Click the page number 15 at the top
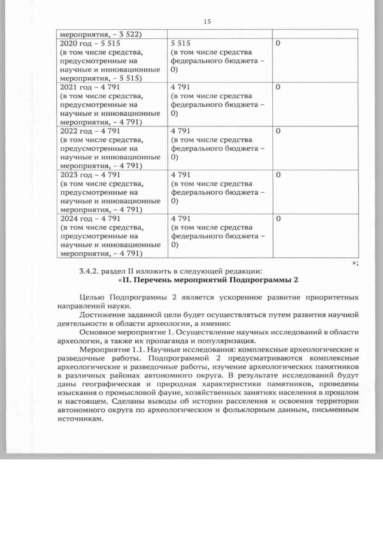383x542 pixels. [207, 22]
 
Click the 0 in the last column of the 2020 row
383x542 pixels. [278, 44]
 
